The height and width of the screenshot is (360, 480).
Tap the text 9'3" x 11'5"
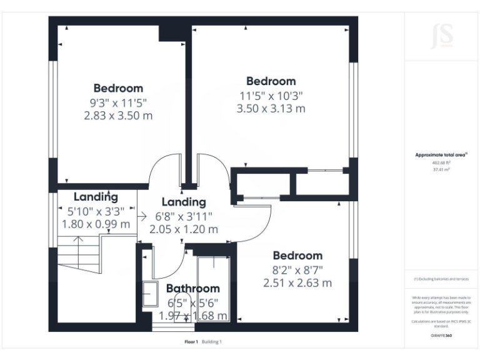point(118,102)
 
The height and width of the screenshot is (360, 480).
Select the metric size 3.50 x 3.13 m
point(271,108)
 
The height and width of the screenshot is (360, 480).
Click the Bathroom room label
point(192,288)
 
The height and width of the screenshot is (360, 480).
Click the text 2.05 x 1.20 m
point(184,229)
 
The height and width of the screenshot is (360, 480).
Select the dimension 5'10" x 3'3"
point(96,211)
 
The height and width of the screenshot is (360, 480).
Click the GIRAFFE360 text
point(441,336)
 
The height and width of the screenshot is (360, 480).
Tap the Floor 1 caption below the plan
point(191,342)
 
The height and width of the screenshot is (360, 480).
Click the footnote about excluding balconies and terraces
point(441,279)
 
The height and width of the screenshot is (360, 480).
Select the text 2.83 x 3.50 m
point(118,116)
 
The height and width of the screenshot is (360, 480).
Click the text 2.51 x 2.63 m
point(297,282)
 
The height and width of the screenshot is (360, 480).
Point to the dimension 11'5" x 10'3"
point(271,95)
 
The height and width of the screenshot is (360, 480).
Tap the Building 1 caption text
point(212,342)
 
